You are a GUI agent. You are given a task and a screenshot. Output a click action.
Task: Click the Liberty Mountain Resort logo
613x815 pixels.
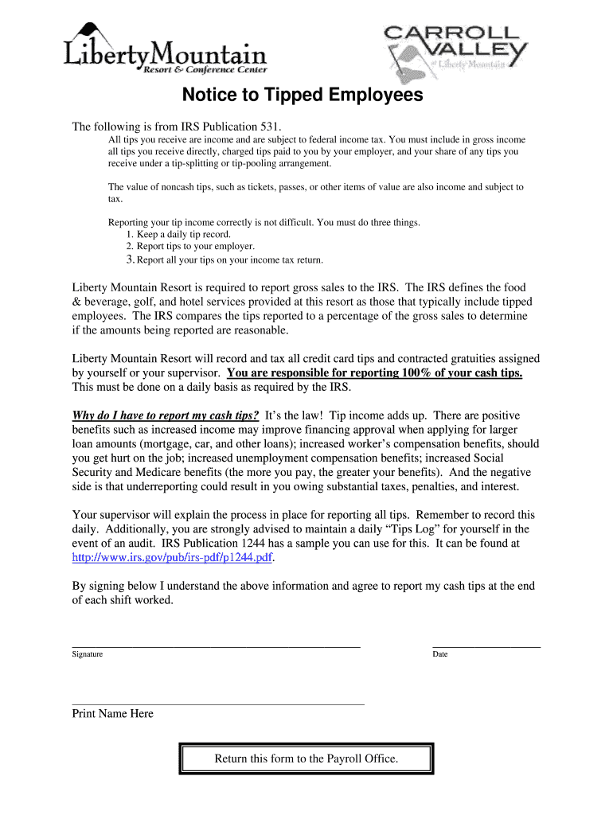[x=165, y=49]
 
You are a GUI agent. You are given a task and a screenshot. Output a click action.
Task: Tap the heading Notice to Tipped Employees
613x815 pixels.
[x=303, y=96]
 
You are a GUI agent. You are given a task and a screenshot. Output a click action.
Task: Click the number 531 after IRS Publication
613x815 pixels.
[x=270, y=127]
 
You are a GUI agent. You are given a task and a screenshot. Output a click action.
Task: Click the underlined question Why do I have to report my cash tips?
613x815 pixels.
[x=166, y=415]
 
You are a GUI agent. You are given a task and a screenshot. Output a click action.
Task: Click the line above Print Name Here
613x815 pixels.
[x=217, y=704]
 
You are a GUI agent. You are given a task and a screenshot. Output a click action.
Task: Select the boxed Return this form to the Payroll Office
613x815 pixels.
[x=306, y=758]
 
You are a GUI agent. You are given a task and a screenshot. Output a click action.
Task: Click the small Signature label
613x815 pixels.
[x=88, y=654]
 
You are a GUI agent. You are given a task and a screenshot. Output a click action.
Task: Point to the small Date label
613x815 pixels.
[x=440, y=654]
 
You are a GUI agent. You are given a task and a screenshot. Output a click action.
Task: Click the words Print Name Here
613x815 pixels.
[x=113, y=714]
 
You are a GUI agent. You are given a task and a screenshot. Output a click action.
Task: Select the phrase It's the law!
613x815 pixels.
[x=294, y=415]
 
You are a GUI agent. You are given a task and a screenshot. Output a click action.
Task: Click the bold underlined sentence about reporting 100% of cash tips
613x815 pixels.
[x=374, y=373]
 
